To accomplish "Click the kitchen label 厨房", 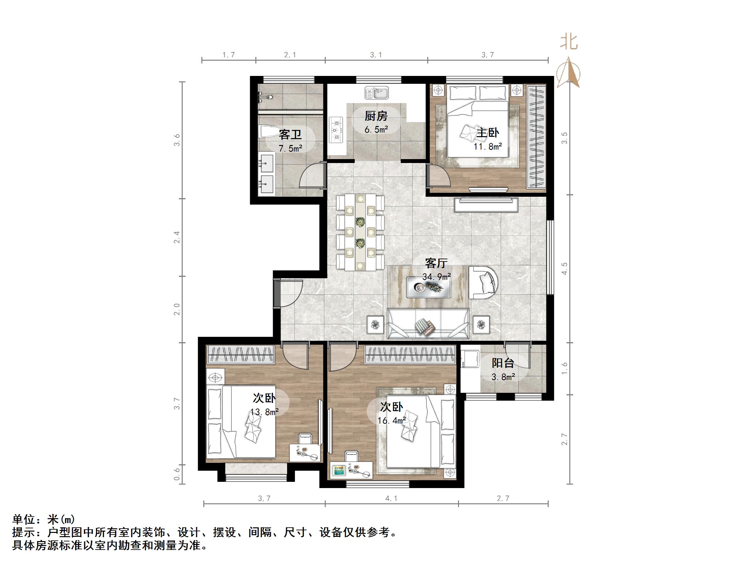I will pos(376,116).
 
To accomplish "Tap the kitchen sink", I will pos(377,93).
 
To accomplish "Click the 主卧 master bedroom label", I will pos(487,133).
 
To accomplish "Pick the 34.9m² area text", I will pos(436,277).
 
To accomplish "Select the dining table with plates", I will pos(360,232).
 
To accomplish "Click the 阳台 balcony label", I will pos(503,363).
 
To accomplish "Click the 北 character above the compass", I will pos(568,43).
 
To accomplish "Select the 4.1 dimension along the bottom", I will pos(391,499).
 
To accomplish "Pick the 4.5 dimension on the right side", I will pos(564,268).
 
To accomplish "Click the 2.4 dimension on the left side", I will pos(177,237).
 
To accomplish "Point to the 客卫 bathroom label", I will pos(290,135).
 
